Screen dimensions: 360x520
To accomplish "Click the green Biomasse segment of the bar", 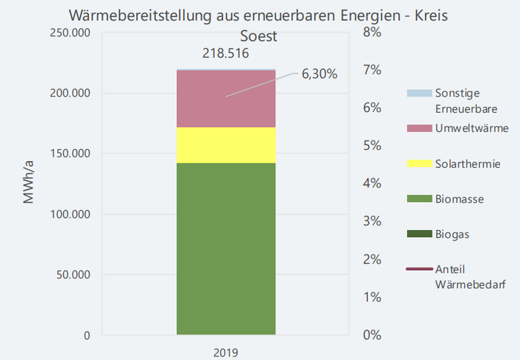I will [x=226, y=249].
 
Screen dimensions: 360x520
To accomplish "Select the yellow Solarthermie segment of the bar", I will [x=226, y=145].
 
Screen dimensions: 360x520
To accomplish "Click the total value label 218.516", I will [x=225, y=53].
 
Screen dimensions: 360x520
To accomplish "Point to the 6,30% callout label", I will [x=319, y=73].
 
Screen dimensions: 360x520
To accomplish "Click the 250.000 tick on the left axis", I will [x=68, y=33].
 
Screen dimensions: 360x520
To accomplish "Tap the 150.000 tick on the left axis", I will [x=68, y=154].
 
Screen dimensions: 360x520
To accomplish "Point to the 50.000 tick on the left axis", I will [x=71, y=275].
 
